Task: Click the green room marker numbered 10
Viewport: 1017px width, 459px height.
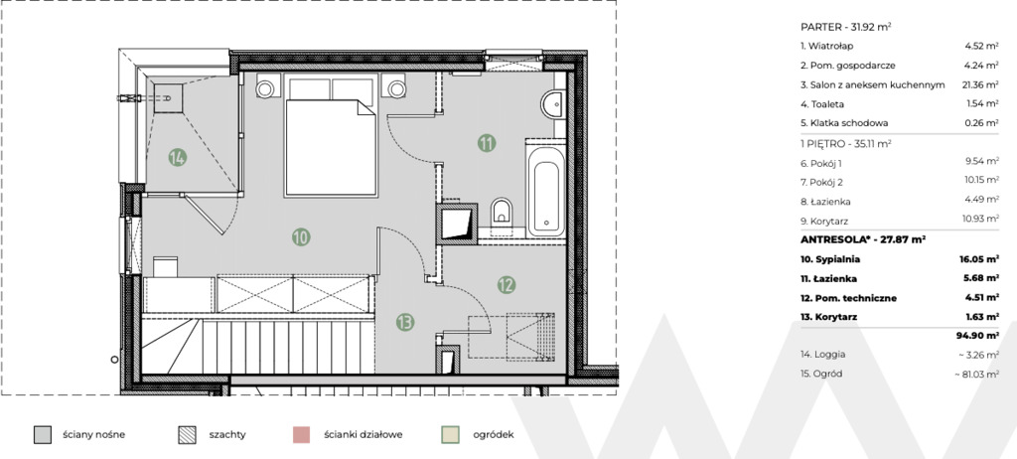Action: [x=300, y=237]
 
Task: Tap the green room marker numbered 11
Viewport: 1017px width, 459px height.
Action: [x=487, y=143]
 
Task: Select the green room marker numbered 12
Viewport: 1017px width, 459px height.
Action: [x=507, y=284]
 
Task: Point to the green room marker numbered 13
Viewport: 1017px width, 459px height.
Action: [x=405, y=322]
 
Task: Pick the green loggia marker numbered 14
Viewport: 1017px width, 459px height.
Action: [x=177, y=157]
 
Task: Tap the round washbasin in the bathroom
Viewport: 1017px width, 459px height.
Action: [x=552, y=104]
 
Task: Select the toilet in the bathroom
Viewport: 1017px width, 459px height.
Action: [x=502, y=211]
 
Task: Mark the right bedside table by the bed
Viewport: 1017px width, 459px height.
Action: [x=394, y=87]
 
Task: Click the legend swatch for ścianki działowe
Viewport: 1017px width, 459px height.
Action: [x=301, y=434]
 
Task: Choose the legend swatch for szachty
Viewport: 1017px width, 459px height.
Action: [x=187, y=434]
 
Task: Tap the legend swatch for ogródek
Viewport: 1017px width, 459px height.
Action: [x=450, y=434]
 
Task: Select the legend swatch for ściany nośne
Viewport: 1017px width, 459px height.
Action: [x=42, y=434]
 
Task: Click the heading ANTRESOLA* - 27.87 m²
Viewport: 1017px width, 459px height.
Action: [x=863, y=239]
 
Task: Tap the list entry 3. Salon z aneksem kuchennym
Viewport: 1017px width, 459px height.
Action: [x=873, y=85]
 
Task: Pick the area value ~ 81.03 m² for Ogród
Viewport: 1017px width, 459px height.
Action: [x=977, y=374]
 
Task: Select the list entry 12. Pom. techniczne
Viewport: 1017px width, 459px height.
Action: [x=848, y=298]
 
